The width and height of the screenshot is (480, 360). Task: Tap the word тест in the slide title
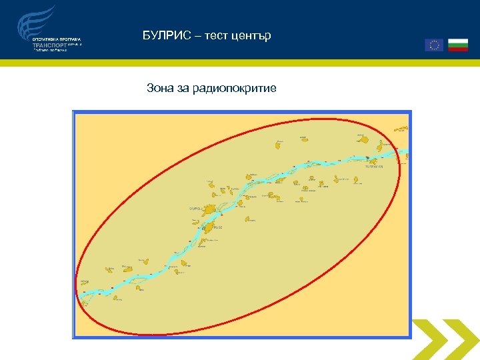[213, 35]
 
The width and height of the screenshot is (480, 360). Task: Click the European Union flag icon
[434, 45]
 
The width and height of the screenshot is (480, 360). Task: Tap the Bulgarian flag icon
[457, 45]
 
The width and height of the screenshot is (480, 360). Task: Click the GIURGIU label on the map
[195, 209]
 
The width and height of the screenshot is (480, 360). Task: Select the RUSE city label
[218, 227]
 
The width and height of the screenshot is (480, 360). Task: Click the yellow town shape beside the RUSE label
[207, 227]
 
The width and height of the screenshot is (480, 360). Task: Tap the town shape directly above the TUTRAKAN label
[374, 162]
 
